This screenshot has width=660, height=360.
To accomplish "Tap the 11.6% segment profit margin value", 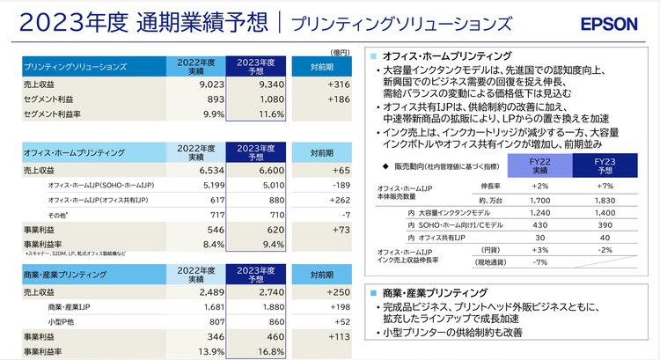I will (x=261, y=114).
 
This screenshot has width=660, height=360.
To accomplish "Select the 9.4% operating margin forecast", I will (x=264, y=245).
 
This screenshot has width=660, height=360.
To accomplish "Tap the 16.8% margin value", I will (x=261, y=350).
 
